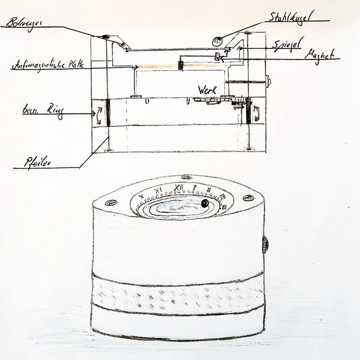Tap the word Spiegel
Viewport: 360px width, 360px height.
click(288, 43)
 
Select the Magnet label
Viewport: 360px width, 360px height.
click(319, 55)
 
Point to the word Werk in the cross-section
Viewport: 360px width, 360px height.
click(207, 89)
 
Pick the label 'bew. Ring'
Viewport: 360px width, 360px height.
click(42, 110)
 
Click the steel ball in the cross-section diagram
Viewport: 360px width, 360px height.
click(217, 40)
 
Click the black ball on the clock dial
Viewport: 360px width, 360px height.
click(205, 202)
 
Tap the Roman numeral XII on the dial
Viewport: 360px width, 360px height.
click(178, 187)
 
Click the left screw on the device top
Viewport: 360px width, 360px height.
click(111, 202)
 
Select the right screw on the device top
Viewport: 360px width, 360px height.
click(248, 198)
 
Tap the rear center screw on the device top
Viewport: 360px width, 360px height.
click(187, 177)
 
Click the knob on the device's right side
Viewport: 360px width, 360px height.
click(265, 244)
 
